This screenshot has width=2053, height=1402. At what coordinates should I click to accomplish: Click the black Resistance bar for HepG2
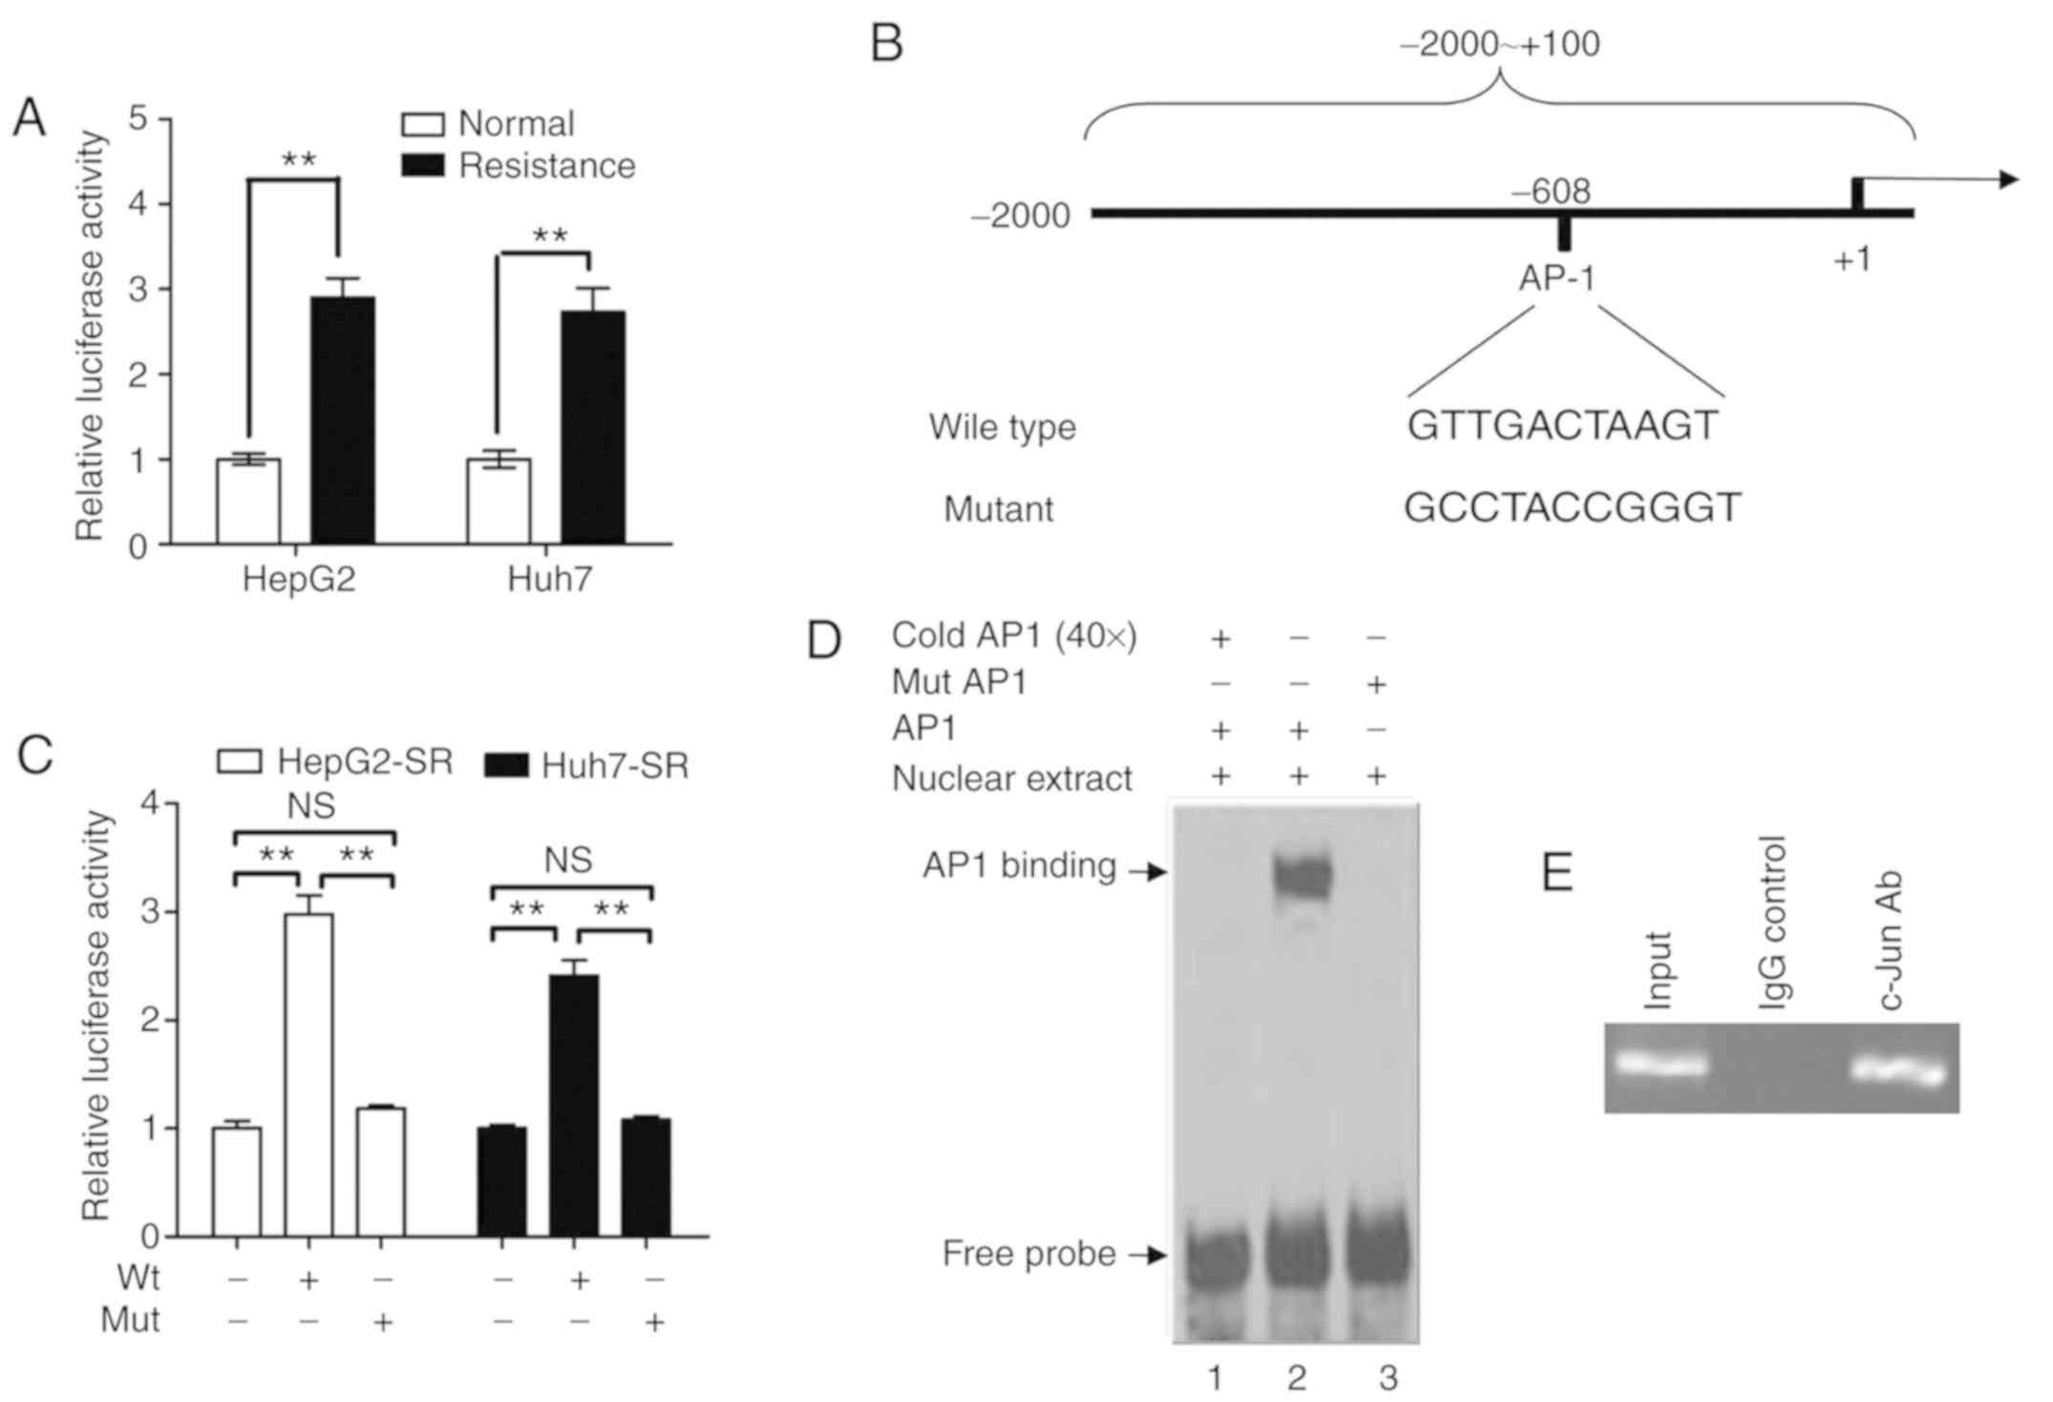coord(343,420)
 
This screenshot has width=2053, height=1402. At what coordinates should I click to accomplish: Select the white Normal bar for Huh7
coord(498,501)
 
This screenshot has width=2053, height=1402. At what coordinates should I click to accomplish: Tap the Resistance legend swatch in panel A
coord(422,166)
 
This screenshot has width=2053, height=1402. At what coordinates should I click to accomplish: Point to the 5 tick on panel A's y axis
coord(139,119)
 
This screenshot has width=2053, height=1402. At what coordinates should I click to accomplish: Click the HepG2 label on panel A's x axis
coord(299,580)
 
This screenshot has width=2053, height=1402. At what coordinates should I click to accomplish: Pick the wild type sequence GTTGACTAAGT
coord(1562,426)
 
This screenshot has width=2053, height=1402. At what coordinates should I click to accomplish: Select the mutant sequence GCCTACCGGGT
coord(1572,508)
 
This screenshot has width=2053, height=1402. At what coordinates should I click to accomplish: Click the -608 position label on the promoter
coord(1551,192)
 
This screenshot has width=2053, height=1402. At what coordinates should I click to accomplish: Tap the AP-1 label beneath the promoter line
coord(1556,278)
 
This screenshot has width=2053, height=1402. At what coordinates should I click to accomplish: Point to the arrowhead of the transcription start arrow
coord(2009,180)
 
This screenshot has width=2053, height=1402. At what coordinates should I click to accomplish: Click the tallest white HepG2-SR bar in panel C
coord(309,1074)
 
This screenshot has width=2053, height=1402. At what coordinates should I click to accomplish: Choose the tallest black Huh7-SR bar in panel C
coord(574,1105)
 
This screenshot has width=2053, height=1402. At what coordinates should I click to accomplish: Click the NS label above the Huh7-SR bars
coord(568,860)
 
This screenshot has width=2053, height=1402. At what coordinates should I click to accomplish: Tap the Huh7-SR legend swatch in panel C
coord(506,766)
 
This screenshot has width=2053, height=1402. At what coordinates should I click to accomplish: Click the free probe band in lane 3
coord(1377,1254)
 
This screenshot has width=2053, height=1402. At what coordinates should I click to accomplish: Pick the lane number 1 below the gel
coord(1215,1378)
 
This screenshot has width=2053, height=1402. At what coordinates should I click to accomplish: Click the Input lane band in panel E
coord(1660,1064)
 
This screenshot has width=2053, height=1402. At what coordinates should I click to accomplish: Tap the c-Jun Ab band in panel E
coord(1898,1070)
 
